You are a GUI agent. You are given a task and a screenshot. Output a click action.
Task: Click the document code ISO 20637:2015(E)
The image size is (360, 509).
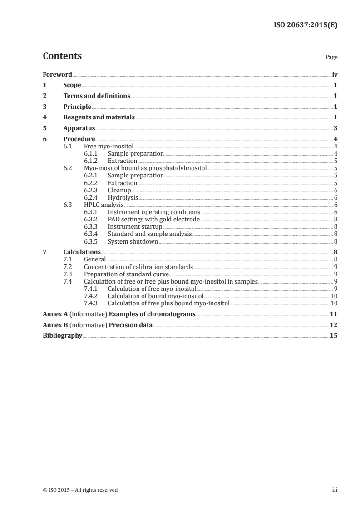click(x=305, y=25)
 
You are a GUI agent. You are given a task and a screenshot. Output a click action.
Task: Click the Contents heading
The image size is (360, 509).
click(x=62, y=56)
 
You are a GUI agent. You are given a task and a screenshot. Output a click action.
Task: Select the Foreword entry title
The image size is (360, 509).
click(x=57, y=74)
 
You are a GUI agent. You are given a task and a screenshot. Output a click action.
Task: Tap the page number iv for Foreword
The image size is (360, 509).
click(x=335, y=74)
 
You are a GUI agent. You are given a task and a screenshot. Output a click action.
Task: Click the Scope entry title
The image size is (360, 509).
click(x=72, y=85)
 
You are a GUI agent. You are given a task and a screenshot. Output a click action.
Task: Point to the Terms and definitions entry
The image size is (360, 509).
click(x=97, y=96)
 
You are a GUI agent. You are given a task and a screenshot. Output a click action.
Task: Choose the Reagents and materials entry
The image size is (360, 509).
click(x=99, y=117)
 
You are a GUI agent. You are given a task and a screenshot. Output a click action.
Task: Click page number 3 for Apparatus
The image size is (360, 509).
click(x=335, y=128)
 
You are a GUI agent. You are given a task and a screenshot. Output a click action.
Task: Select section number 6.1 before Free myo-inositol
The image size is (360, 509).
click(x=68, y=146)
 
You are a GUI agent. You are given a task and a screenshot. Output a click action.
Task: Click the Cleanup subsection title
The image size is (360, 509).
click(x=119, y=191)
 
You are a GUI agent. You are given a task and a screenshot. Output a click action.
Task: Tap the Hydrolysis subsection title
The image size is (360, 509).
click(x=123, y=198)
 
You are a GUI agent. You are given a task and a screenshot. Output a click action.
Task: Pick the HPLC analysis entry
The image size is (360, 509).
click(x=97, y=205)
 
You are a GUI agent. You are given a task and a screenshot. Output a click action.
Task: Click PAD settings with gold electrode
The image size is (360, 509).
click(x=153, y=220)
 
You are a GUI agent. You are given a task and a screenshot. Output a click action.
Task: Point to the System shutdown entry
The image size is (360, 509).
click(x=133, y=241)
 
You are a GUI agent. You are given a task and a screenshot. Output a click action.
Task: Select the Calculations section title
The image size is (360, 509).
click(x=82, y=252)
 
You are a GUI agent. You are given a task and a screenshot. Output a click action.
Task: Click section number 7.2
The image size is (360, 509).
click(x=68, y=267)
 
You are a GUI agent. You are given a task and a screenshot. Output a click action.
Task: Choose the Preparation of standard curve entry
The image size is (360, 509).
click(x=126, y=274)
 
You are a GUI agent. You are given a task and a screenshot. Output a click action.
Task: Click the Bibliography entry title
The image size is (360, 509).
click(x=62, y=336)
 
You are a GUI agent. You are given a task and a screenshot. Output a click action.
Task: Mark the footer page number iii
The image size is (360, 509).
click(x=335, y=490)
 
